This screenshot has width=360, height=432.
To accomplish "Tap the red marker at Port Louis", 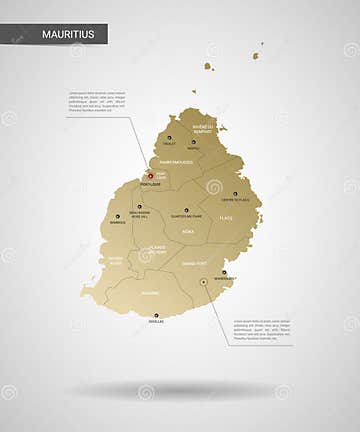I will [x=151, y=176].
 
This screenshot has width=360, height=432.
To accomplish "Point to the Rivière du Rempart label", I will [x=202, y=129].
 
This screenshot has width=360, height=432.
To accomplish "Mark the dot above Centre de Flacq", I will [x=236, y=194].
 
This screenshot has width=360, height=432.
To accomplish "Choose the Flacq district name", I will [x=226, y=217].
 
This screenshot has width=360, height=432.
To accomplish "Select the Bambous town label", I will [x=118, y=222].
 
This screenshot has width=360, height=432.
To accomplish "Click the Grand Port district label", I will [x=195, y=263].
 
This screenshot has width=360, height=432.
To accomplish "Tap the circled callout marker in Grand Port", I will [x=204, y=283].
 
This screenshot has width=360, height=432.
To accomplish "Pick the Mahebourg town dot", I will [x=224, y=272].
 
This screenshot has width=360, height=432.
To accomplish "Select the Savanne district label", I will [x=150, y=293].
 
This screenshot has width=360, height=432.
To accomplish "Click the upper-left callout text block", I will [x=96, y=101].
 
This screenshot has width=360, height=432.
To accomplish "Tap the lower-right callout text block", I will [x=262, y=331].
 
